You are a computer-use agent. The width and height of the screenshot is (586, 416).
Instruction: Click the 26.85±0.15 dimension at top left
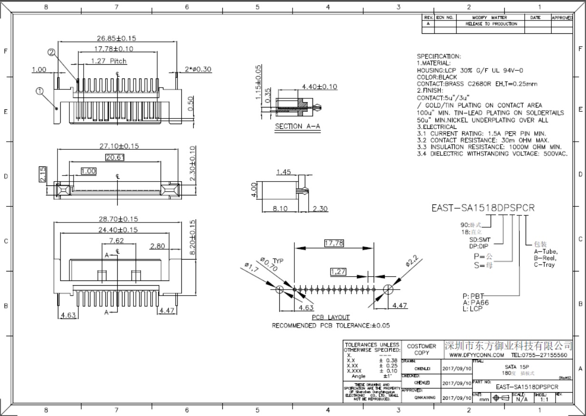point(110,39)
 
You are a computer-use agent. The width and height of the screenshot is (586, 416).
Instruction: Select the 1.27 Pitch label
point(108,61)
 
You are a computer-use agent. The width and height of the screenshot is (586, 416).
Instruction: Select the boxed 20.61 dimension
point(115,158)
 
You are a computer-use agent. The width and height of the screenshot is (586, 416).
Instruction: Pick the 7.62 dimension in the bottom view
point(117,241)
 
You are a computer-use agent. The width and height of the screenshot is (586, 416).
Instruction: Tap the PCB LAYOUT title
point(331,317)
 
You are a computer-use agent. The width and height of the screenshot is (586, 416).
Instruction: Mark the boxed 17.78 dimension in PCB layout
point(334,243)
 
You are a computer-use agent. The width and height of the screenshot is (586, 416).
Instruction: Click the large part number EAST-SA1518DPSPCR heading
point(482,208)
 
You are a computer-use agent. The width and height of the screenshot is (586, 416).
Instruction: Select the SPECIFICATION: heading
point(438,56)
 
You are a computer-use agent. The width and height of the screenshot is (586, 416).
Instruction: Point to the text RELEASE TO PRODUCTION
point(491,24)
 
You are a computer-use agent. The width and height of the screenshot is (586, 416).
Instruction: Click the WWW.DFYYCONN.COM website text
point(476,355)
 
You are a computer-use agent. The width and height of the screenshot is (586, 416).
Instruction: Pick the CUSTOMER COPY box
point(421,349)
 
